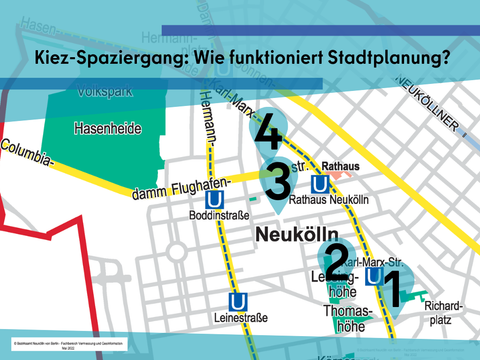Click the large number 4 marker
pyautogui.click(x=267, y=136)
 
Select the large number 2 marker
pyautogui.click(x=338, y=261)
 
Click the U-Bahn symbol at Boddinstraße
pyautogui.click(x=209, y=196)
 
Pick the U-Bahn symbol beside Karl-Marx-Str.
pyautogui.click(x=374, y=277)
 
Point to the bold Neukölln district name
pyautogui.click(x=292, y=235)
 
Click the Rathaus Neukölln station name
pyautogui.click(x=329, y=200)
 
